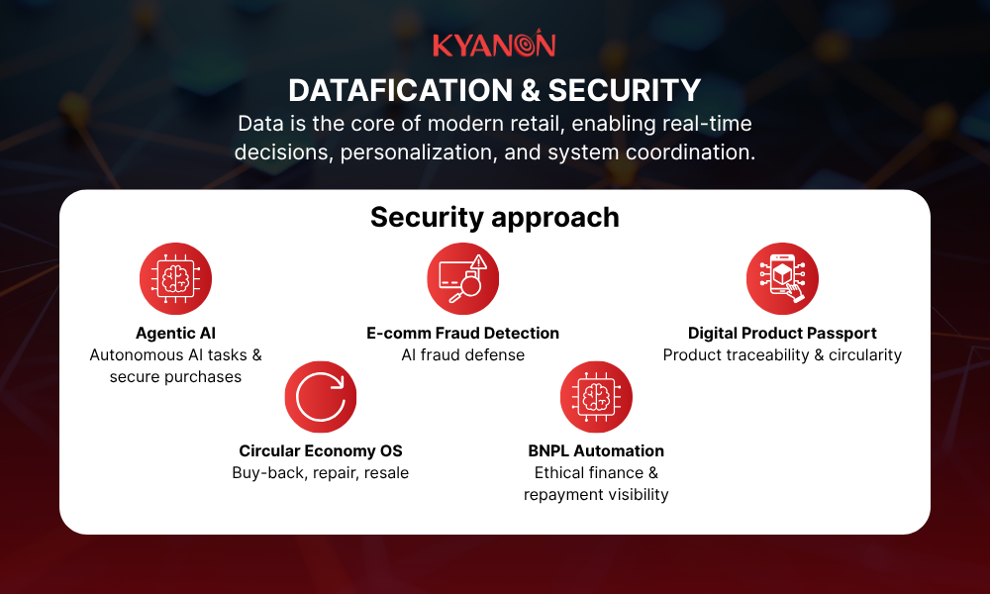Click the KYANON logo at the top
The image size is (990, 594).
pyautogui.click(x=494, y=46)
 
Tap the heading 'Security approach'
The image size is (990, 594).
pyautogui.click(x=494, y=217)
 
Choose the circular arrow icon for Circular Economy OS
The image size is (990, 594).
pyautogui.click(x=321, y=397)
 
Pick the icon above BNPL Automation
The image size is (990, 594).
pyautogui.click(x=596, y=397)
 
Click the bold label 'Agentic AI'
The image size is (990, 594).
pyautogui.click(x=176, y=334)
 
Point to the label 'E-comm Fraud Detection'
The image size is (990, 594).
pyautogui.click(x=462, y=334)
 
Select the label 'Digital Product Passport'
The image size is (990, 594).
pyautogui.click(x=782, y=334)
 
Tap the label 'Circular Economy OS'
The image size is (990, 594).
pyautogui.click(x=321, y=451)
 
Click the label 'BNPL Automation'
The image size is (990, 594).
pyautogui.click(x=596, y=451)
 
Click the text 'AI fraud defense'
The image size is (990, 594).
pyautogui.click(x=462, y=355)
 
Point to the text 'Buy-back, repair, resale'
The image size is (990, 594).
pyautogui.click(x=321, y=473)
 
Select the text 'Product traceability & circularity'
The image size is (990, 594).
pyautogui.click(x=782, y=355)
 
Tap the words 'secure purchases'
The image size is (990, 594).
pyautogui.click(x=176, y=377)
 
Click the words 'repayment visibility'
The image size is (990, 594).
pyautogui.click(x=596, y=495)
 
